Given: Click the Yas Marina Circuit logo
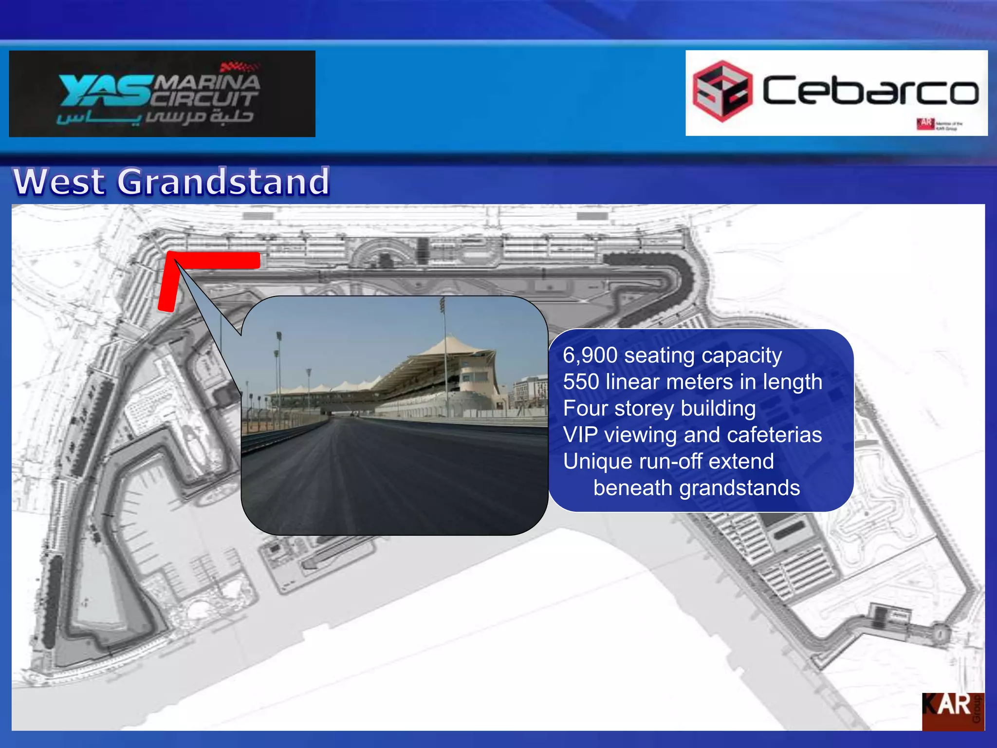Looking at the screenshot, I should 162,93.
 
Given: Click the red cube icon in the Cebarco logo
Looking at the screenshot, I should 722,91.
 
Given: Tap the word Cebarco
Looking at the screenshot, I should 869,91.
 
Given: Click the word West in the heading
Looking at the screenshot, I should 59,182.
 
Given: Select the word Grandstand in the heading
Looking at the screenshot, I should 223,182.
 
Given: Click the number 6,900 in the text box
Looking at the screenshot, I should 590,355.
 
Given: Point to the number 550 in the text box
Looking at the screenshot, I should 581,382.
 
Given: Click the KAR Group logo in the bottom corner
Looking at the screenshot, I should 953,711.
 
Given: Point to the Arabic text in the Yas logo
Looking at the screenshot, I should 155,117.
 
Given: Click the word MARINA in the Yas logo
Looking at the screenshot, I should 207,82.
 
